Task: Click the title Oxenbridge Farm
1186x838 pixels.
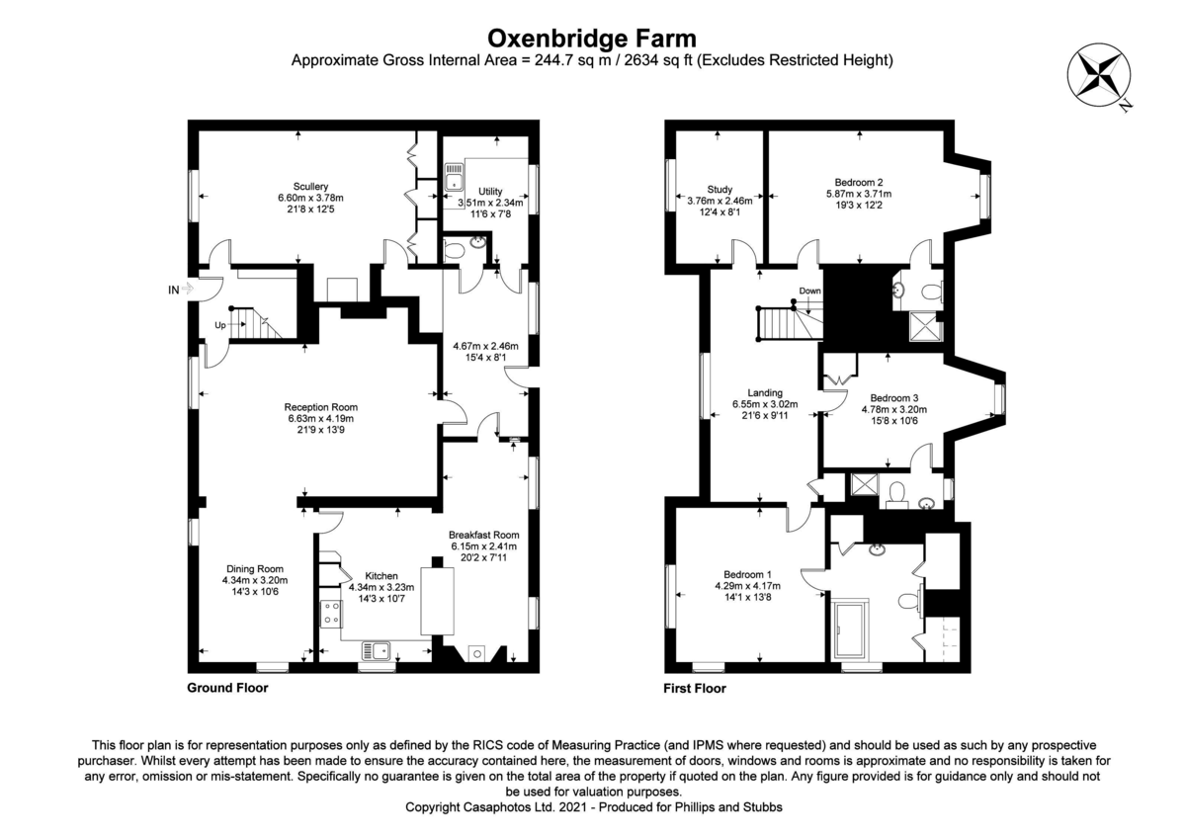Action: [591, 39]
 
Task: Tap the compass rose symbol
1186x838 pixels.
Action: [1099, 75]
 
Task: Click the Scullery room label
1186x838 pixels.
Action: [310, 187]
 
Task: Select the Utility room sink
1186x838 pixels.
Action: [454, 177]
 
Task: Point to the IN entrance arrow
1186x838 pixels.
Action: [187, 289]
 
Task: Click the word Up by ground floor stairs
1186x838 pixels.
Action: [220, 325]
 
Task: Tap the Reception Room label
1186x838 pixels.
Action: [321, 407]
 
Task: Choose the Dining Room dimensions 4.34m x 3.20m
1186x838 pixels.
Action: [255, 580]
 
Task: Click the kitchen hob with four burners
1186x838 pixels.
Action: [331, 614]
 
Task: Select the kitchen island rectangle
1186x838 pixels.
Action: [437, 601]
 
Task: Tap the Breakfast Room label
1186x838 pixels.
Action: [484, 535]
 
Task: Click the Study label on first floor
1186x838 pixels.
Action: [720, 190]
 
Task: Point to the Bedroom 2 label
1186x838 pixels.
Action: [859, 183]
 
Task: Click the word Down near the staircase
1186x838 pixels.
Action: [810, 291]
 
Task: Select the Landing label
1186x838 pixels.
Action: [765, 392]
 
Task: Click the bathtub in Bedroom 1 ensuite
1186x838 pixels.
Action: [849, 629]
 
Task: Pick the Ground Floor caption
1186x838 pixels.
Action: [227, 688]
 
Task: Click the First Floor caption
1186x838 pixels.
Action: [695, 688]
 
